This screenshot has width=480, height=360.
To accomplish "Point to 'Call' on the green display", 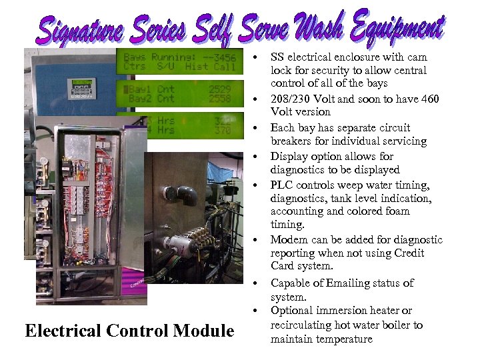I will [224, 67].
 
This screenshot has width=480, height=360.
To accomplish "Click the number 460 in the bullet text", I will [429, 99].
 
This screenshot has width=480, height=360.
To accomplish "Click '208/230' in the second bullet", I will [293, 99].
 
